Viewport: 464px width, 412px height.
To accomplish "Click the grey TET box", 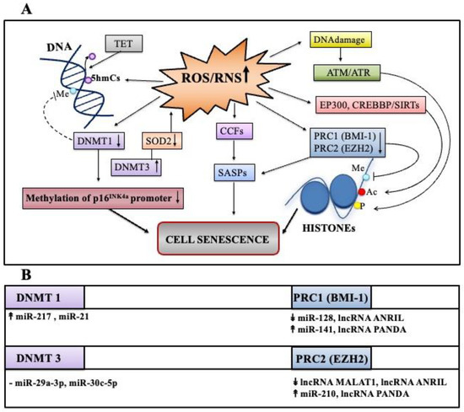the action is pyautogui.click(x=124, y=44).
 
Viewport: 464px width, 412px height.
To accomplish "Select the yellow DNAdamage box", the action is pyautogui.click(x=340, y=40).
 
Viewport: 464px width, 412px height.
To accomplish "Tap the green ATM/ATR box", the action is pyautogui.click(x=347, y=72).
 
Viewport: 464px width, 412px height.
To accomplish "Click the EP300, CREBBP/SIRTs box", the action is pyautogui.click(x=371, y=105).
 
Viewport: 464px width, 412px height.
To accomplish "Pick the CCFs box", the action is pyautogui.click(x=235, y=131).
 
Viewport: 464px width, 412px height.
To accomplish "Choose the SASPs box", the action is pyautogui.click(x=235, y=173).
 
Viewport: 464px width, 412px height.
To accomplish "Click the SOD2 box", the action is pyautogui.click(x=162, y=141).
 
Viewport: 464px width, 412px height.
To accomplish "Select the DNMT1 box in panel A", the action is pyautogui.click(x=99, y=141).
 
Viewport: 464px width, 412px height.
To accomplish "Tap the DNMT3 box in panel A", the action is pyautogui.click(x=136, y=168).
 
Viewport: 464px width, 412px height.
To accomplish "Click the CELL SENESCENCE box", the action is pyautogui.click(x=219, y=238).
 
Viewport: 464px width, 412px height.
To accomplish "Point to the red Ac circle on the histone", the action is pyautogui.click(x=362, y=192).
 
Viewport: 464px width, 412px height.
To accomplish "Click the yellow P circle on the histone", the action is pyautogui.click(x=358, y=206).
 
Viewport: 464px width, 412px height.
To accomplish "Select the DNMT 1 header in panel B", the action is pyautogui.click(x=45, y=297).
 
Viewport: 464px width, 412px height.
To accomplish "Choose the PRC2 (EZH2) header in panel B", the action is pyautogui.click(x=332, y=359).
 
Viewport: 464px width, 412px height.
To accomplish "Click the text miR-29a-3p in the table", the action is pyautogui.click(x=41, y=383).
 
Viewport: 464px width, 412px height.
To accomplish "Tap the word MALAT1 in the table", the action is pyautogui.click(x=356, y=383).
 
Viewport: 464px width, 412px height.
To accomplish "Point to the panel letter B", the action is pyautogui.click(x=26, y=275).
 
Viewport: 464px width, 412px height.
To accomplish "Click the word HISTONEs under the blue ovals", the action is pyautogui.click(x=329, y=228).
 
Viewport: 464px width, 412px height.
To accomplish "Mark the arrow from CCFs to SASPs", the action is pyautogui.click(x=235, y=151).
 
